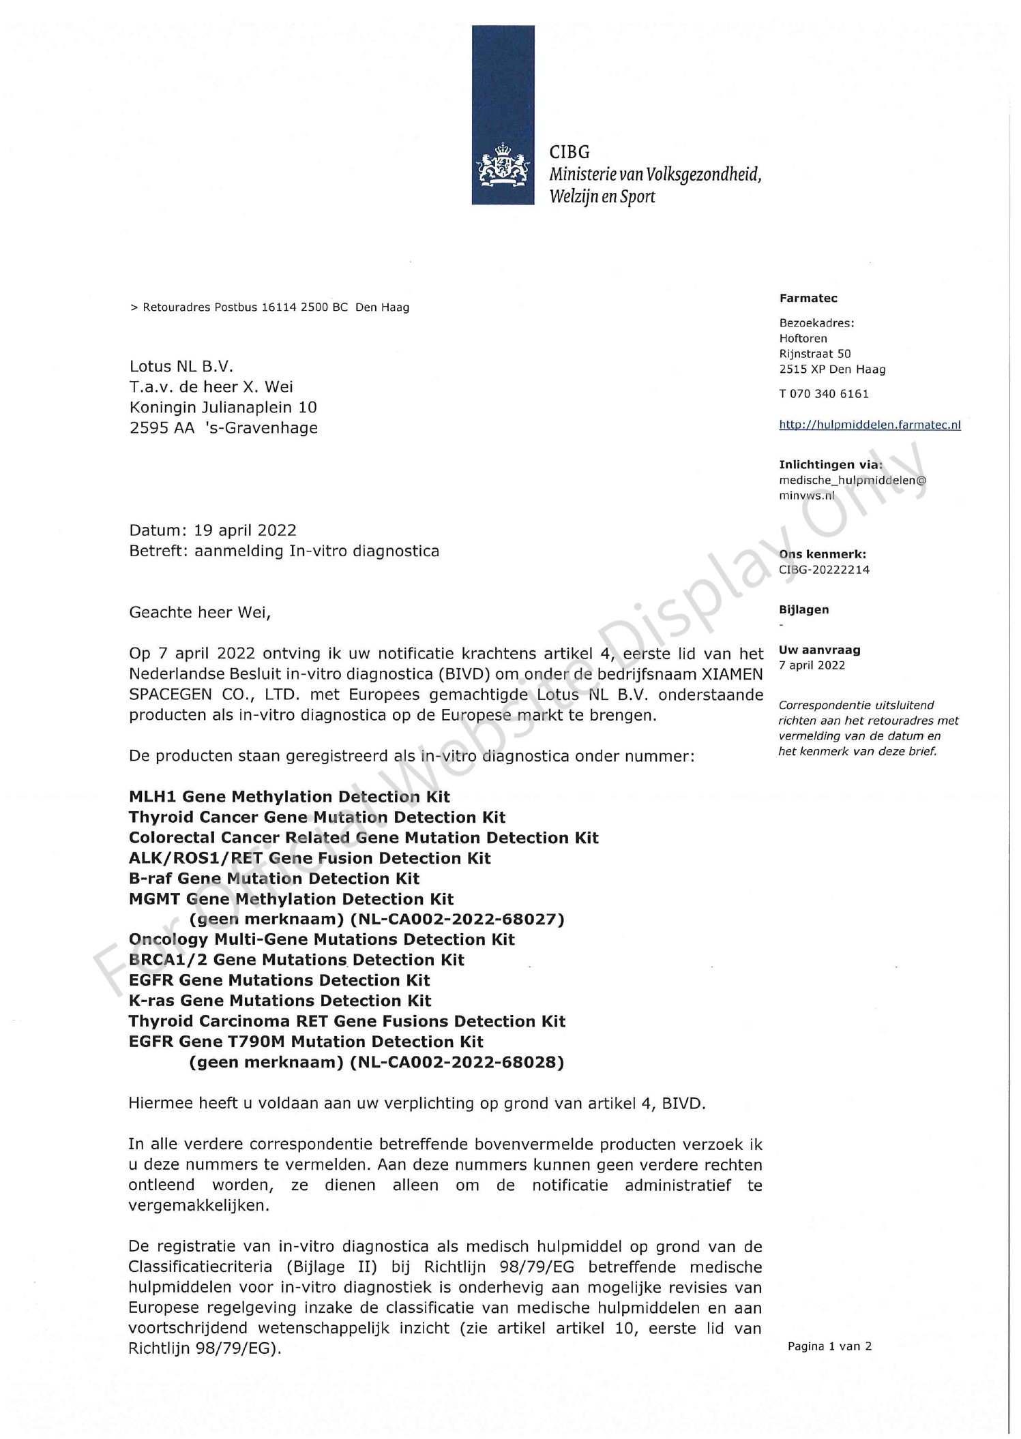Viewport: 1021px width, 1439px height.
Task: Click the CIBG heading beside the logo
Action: click(x=569, y=152)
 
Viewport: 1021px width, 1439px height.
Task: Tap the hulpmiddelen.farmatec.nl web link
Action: click(x=870, y=425)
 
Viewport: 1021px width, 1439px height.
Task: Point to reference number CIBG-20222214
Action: click(x=824, y=570)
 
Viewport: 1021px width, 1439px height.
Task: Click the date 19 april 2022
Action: click(x=245, y=530)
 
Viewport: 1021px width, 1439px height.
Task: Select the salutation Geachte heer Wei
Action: click(x=200, y=612)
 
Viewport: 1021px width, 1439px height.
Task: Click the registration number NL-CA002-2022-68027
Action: click(x=457, y=920)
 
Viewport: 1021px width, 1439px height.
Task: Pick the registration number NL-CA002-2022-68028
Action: click(x=457, y=1062)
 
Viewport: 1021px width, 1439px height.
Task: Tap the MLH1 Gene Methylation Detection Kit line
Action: click(x=289, y=797)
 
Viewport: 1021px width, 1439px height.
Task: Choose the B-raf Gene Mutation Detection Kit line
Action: click(x=274, y=879)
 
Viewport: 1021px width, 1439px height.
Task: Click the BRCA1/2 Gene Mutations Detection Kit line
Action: click(x=296, y=960)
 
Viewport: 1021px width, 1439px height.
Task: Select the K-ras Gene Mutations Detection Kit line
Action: click(x=280, y=1001)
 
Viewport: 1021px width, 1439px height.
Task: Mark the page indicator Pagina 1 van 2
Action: click(x=829, y=1346)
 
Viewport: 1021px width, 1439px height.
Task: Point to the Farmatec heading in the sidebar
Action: click(x=808, y=299)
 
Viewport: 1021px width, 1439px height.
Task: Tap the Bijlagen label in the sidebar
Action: click(x=804, y=610)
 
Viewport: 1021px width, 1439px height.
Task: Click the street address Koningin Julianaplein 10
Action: click(x=223, y=408)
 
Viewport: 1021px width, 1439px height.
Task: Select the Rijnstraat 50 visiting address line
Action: click(x=815, y=354)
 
